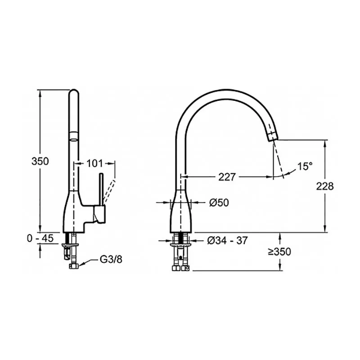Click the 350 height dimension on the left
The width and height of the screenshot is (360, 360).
click(40, 161)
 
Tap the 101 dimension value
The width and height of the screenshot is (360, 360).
click(94, 163)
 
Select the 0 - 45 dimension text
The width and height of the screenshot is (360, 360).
click(40, 238)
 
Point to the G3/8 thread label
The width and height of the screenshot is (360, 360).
click(111, 260)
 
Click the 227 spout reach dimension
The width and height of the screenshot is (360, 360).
click(227, 177)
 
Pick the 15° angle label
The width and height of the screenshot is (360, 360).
click(305, 166)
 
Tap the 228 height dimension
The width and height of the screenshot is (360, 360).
click(324, 186)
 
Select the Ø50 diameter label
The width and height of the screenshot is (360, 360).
click(219, 202)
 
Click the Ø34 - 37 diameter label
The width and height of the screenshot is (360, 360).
click(228, 241)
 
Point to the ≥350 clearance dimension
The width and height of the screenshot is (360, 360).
click(279, 252)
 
